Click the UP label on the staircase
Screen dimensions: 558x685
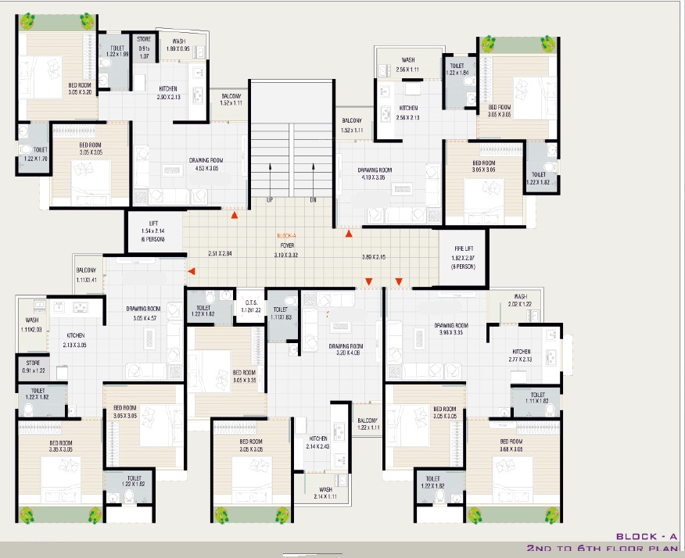[x=270, y=200]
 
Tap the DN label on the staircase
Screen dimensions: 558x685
[x=313, y=200]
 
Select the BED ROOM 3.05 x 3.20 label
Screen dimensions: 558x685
[x=80, y=88]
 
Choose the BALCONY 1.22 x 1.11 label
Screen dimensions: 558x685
[x=367, y=424]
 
